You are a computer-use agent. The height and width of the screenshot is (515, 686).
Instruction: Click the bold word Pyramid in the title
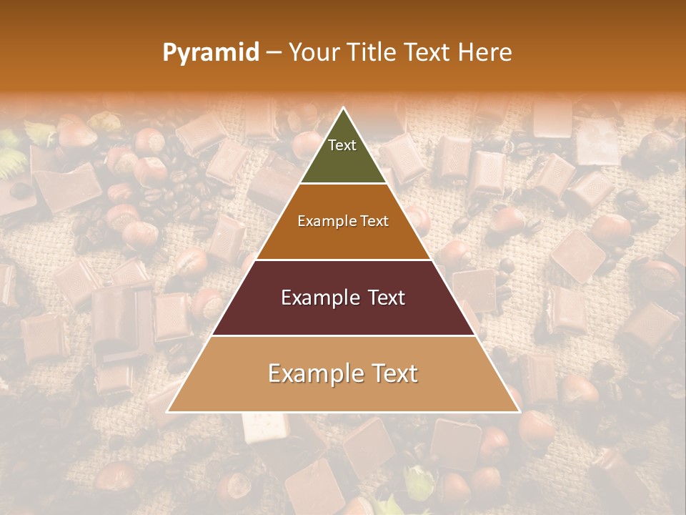click(211, 53)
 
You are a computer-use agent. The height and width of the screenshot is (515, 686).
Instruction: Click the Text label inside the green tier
click(342, 145)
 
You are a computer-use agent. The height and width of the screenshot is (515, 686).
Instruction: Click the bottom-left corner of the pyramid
click(168, 411)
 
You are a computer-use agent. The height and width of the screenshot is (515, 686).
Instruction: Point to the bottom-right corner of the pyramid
click(519, 411)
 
